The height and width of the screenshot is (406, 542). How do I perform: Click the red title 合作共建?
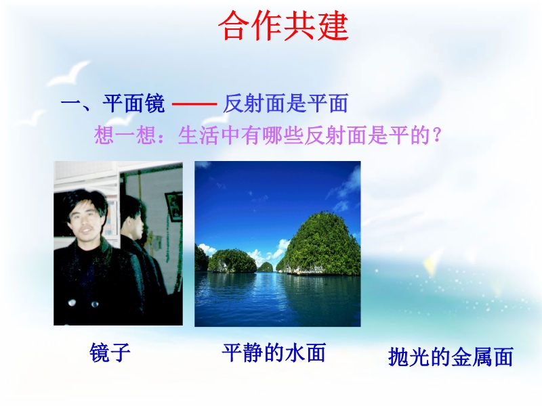283,26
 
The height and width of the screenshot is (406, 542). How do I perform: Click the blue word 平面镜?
133,103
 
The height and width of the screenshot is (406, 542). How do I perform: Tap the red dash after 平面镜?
194,104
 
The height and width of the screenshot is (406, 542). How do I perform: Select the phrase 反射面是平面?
285,103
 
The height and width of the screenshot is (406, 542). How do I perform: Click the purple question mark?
437,135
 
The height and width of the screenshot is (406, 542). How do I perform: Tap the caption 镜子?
110,352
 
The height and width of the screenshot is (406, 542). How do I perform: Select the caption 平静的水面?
274,353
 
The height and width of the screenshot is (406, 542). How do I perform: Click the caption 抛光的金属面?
451,357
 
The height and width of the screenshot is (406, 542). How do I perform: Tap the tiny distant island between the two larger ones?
265,267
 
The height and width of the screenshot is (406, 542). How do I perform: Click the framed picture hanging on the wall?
173,206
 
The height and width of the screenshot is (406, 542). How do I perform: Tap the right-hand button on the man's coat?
94,304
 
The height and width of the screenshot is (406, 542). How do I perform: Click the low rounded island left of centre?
232,261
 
